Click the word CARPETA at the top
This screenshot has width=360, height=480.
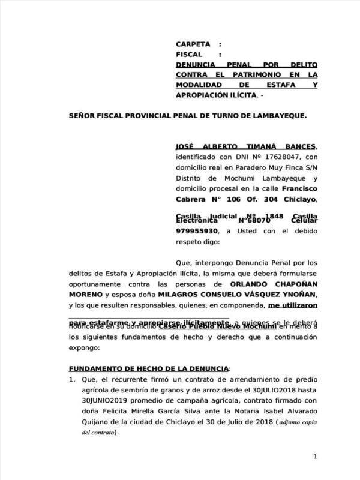(x=193, y=44)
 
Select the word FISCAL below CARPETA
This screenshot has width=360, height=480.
(x=190, y=55)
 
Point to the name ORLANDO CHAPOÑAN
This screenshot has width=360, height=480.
(x=274, y=284)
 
